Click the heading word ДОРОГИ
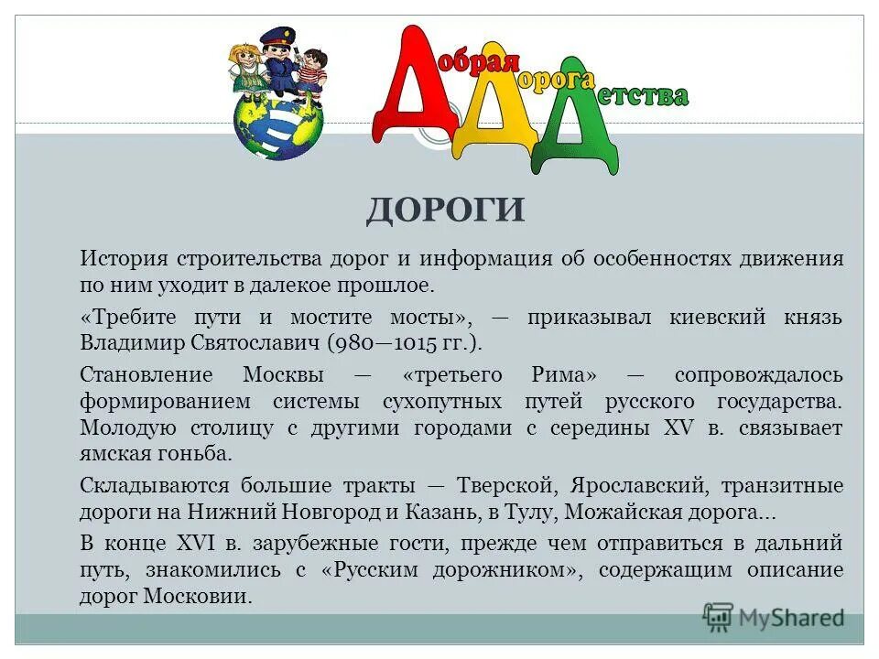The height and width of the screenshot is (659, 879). [446, 210]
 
